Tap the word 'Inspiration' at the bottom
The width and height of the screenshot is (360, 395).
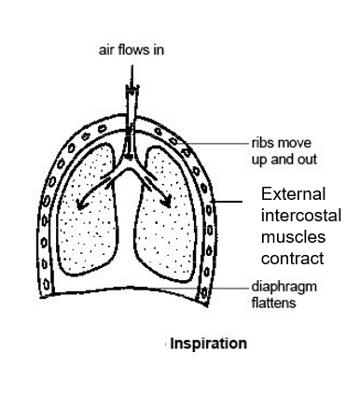(208, 343)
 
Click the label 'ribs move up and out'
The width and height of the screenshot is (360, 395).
(284, 152)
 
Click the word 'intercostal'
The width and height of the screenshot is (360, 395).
(300, 216)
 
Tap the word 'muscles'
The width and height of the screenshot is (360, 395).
(290, 237)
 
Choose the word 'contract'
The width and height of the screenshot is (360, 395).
(293, 259)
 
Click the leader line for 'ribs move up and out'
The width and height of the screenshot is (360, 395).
(219, 145)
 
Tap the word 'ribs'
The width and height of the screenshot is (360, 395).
(262, 145)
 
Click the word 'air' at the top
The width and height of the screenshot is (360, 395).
(105, 49)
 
